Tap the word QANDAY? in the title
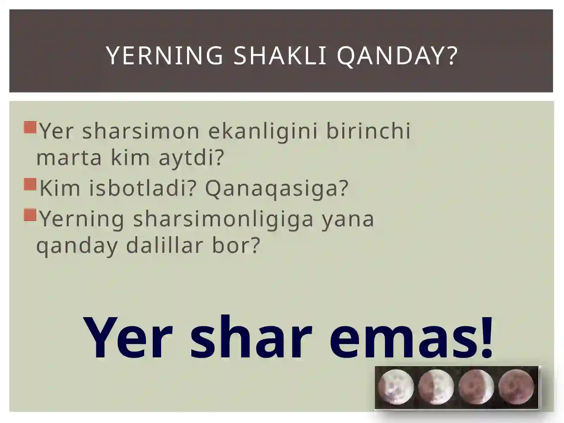pos(397,56)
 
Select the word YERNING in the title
pos(165,56)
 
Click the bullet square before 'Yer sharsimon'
pos(30,127)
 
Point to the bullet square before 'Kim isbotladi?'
pos(30,184)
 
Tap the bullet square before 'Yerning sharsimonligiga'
pos(30,215)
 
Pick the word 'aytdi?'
pos(191,158)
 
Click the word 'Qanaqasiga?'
pos(277,188)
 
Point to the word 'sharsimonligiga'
pos(223,219)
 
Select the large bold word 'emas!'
pos(411,338)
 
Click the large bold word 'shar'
pos(251,338)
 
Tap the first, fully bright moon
pos(396,387)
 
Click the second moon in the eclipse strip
pos(436,387)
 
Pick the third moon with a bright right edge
pos(476,387)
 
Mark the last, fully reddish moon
pos(516,387)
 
